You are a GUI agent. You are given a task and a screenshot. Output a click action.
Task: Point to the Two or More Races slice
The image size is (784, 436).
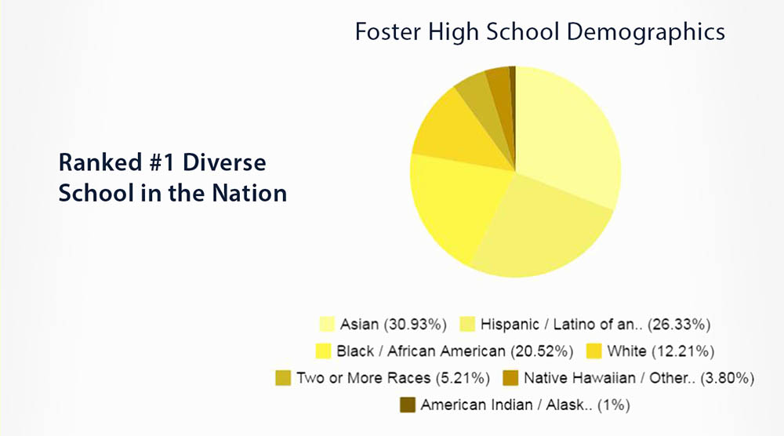pos(480,100)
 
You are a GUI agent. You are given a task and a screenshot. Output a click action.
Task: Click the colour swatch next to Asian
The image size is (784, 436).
pos(326,324)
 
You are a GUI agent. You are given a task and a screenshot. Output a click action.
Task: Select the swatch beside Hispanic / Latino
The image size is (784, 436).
pos(467,324)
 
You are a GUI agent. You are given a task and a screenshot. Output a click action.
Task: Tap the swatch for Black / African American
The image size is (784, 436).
pos(323,351)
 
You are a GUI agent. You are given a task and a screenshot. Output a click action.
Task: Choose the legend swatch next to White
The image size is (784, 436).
pos(594,351)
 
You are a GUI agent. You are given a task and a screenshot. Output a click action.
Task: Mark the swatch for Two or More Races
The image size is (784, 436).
pos(283,377)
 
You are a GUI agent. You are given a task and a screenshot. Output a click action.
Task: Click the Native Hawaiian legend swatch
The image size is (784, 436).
pos(510,377)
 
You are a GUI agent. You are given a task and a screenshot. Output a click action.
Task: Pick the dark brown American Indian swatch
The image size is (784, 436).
pos(408,405)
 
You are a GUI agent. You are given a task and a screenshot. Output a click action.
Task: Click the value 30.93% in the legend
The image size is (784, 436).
pos(416,325)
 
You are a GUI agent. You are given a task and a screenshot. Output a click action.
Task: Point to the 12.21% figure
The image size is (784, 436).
pos(683,351)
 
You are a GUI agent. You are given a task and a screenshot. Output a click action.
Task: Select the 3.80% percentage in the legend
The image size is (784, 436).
pos(727,378)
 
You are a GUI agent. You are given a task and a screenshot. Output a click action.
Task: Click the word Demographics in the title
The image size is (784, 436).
pos(645,32)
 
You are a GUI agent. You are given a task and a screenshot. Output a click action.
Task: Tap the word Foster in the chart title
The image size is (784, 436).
pos(388,32)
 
